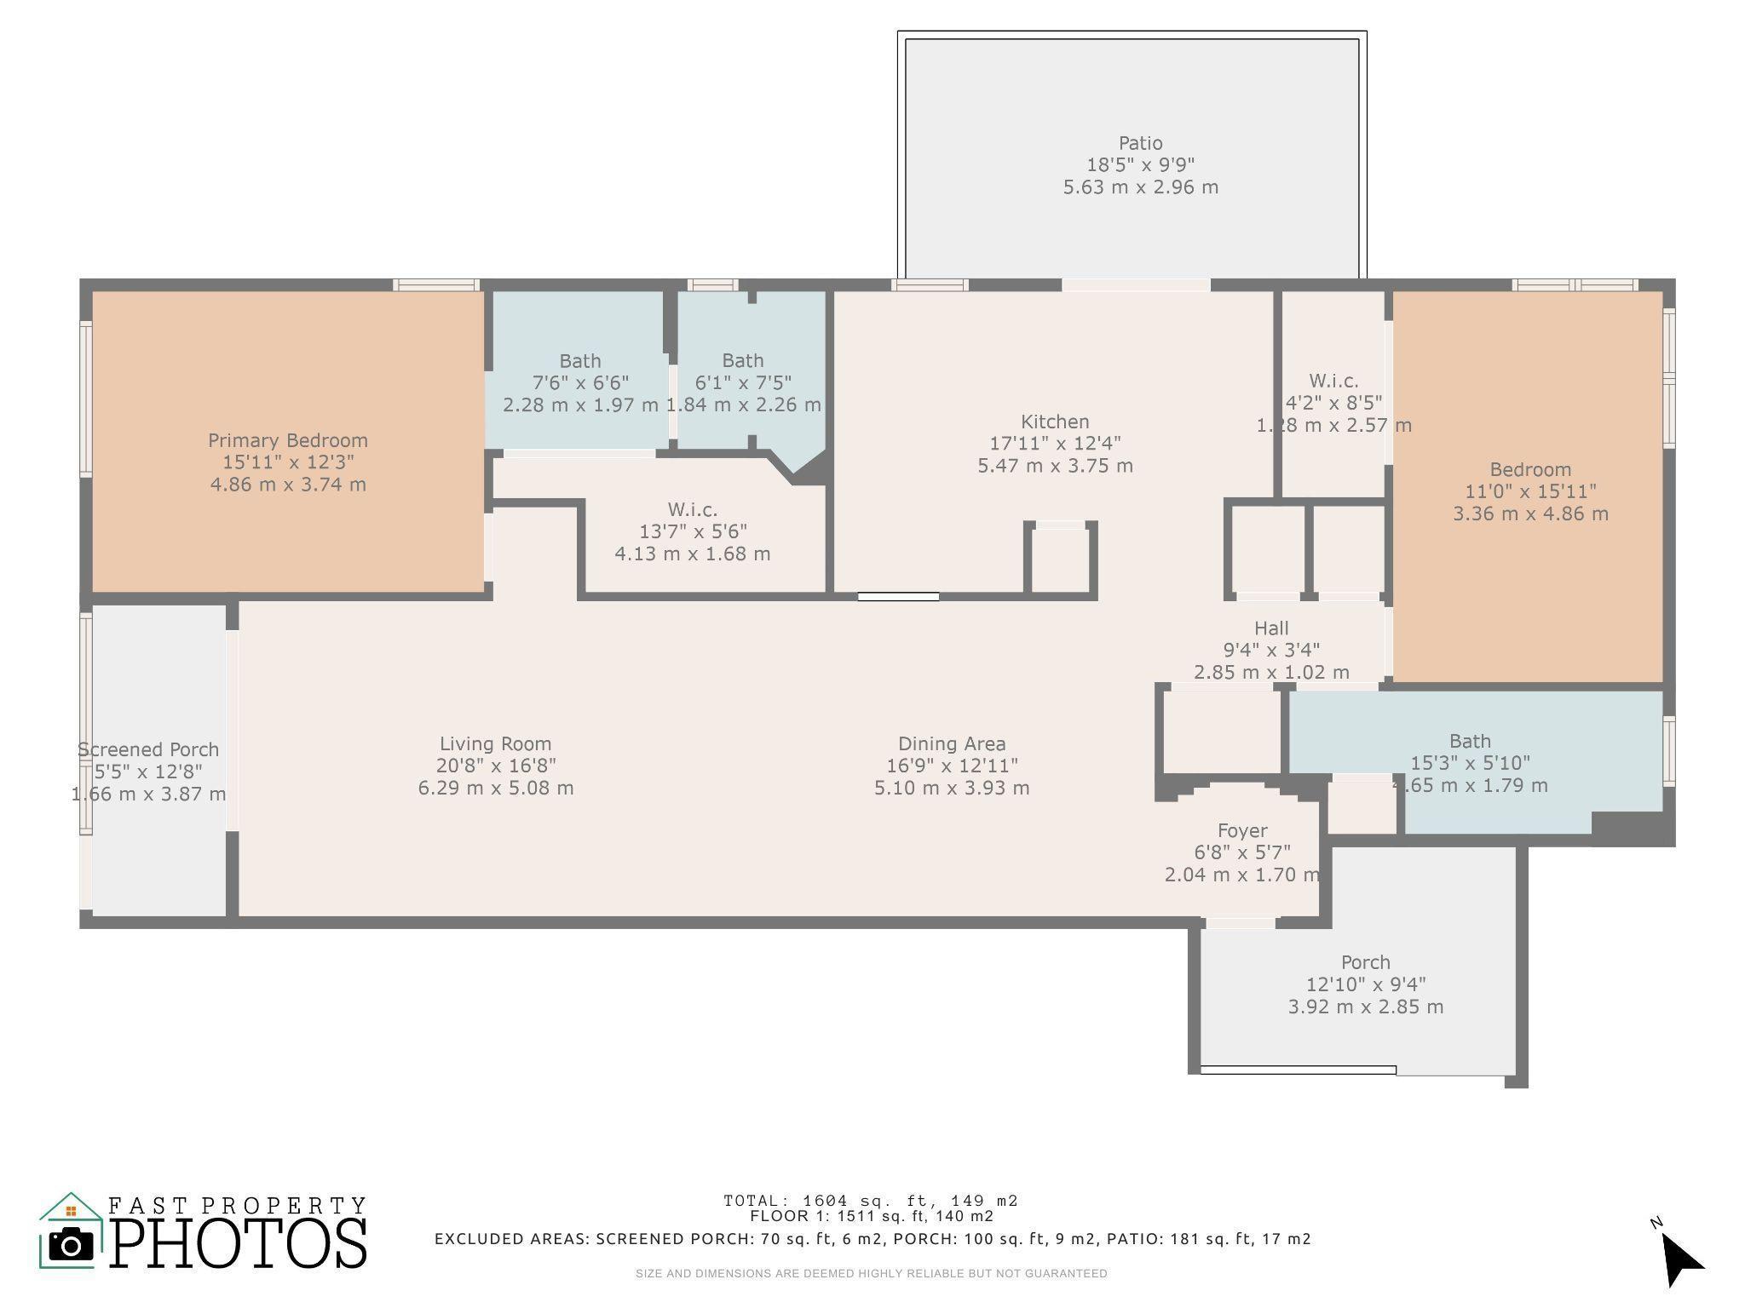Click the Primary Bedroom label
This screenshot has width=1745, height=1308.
[288, 440]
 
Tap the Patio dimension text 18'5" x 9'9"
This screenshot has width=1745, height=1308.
[1140, 165]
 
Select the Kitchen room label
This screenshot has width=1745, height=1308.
[1055, 422]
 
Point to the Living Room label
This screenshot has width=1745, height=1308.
[495, 743]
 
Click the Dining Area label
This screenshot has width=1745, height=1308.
[952, 743]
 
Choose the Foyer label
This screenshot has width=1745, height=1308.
[1241, 830]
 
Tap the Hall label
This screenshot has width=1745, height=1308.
[1270, 628]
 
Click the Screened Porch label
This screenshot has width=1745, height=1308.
[148, 749]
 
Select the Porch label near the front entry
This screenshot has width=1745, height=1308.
[1365, 962]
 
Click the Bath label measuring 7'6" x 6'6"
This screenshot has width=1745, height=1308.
[579, 361]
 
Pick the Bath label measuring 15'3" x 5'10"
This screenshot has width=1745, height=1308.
[1470, 741]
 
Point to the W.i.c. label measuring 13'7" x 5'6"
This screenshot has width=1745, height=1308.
[692, 509]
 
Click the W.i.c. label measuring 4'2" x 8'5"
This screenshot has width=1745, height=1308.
[1333, 381]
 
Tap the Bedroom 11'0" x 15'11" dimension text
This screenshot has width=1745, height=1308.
[1530, 491]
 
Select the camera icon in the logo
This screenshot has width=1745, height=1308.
[71, 1245]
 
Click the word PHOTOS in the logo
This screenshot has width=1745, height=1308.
[239, 1244]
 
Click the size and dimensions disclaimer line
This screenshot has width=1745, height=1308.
[871, 1274]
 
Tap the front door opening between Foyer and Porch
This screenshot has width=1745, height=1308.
[1241, 922]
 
